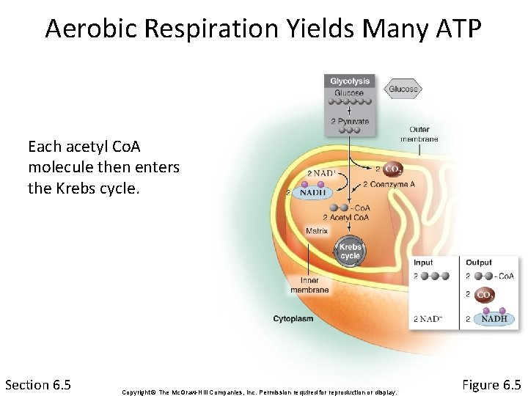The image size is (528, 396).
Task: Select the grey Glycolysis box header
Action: tap(350, 81)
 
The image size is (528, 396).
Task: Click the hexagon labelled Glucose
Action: tap(403, 89)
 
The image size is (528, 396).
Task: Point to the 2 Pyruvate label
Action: tap(350, 122)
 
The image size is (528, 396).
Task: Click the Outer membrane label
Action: tap(419, 134)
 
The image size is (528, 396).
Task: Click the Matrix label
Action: tap(317, 231)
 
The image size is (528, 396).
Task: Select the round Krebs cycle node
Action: tap(350, 252)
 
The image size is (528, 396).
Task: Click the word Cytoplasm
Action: tap(293, 318)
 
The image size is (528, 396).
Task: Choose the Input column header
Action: tap(423, 263)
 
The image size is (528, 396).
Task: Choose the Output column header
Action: tap(479, 263)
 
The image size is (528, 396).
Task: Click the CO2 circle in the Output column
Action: tap(485, 296)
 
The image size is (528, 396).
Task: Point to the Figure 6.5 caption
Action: tap(491, 384)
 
